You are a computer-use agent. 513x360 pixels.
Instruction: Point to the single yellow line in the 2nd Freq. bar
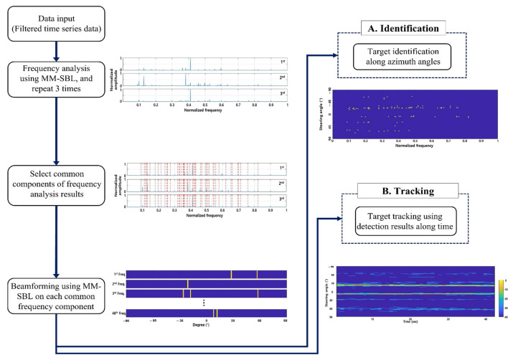[x=188, y=284]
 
